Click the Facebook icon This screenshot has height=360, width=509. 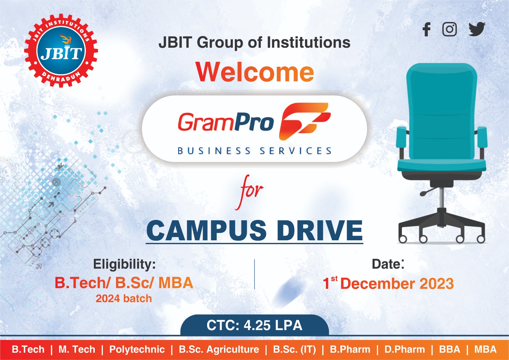pyautogui.click(x=427, y=29)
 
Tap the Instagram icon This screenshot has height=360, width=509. pyautogui.click(x=450, y=29)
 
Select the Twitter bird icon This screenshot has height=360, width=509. pyautogui.click(x=477, y=29)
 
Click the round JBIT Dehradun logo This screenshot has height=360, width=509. pyautogui.click(x=61, y=51)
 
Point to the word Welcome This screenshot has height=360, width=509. pyautogui.click(x=255, y=72)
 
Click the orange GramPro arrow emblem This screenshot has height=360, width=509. pyautogui.click(x=304, y=121)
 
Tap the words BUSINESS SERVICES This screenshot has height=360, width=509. pyautogui.click(x=254, y=151)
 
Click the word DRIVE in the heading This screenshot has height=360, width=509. pyautogui.click(x=319, y=230)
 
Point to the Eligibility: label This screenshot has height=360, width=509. pyautogui.click(x=124, y=264)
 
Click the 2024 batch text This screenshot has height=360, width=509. pyautogui.click(x=124, y=299)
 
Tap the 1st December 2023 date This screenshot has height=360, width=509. pyautogui.click(x=388, y=283)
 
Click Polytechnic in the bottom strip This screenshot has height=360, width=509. pyautogui.click(x=137, y=349)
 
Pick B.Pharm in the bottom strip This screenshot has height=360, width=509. pyautogui.click(x=350, y=349)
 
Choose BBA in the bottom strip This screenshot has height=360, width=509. pyautogui.click(x=450, y=349)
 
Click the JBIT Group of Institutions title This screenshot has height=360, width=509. pyautogui.click(x=254, y=42)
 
